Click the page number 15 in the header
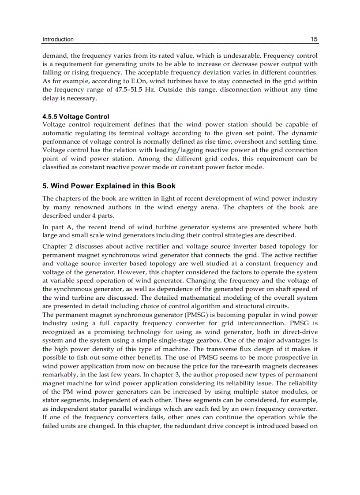314,39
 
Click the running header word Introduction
58,39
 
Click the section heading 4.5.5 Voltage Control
76,117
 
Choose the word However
133,272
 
